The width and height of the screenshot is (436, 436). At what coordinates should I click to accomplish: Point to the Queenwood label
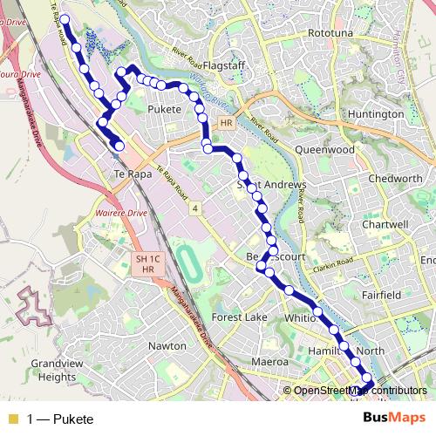pyautogui.click(x=325, y=150)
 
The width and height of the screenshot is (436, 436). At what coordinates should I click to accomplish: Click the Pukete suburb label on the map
pyautogui.click(x=165, y=109)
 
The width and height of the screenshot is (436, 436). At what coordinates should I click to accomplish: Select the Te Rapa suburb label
pyautogui.click(x=128, y=174)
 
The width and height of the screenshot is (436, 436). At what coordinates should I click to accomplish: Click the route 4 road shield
pyautogui.click(x=196, y=208)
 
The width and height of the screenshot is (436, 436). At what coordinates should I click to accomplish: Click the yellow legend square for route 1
pyautogui.click(x=12, y=419)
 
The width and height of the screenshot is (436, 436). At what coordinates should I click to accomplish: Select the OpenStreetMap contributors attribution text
pyautogui.click(x=359, y=391)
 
